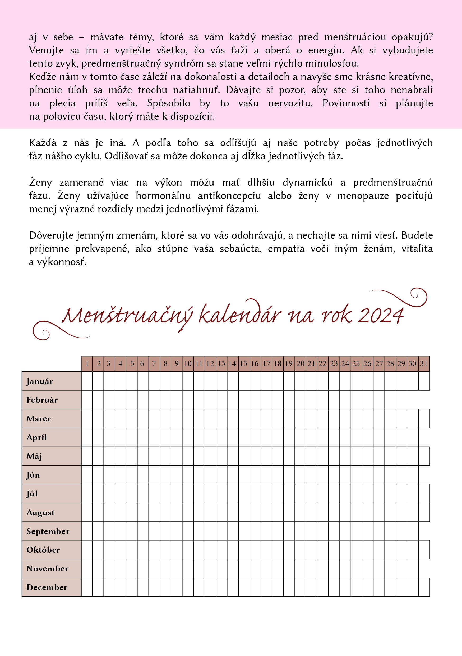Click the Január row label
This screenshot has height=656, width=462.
point(40,381)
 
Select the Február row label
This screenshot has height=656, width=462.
point(42,400)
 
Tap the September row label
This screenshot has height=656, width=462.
point(48,531)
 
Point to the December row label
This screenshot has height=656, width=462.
point(47,587)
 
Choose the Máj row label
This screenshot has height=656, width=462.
point(34,456)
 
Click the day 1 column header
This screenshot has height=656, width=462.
point(87,364)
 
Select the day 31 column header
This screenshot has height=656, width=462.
point(424,364)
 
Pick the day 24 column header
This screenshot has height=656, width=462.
point(345,364)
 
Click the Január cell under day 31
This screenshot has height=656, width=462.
point(424,381)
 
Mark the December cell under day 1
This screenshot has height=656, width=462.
point(87,587)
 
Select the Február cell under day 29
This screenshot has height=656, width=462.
point(401,400)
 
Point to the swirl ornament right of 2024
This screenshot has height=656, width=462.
point(405,297)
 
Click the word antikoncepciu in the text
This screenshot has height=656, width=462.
point(229,196)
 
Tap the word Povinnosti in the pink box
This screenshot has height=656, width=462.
point(346,103)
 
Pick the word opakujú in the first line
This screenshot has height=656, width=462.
point(412,37)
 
